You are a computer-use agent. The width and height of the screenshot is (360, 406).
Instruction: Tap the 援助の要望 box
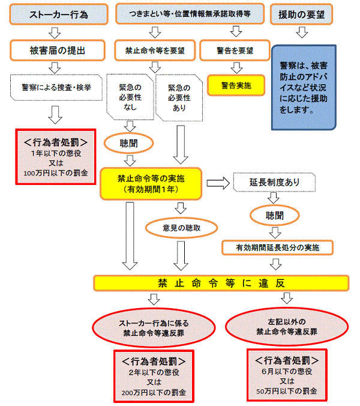302,14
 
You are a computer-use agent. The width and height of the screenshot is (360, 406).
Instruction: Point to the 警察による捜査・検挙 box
55,87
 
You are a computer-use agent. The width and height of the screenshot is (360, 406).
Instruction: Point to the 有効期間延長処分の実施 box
277,247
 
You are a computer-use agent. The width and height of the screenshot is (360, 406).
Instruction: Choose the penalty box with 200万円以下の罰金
154,378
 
